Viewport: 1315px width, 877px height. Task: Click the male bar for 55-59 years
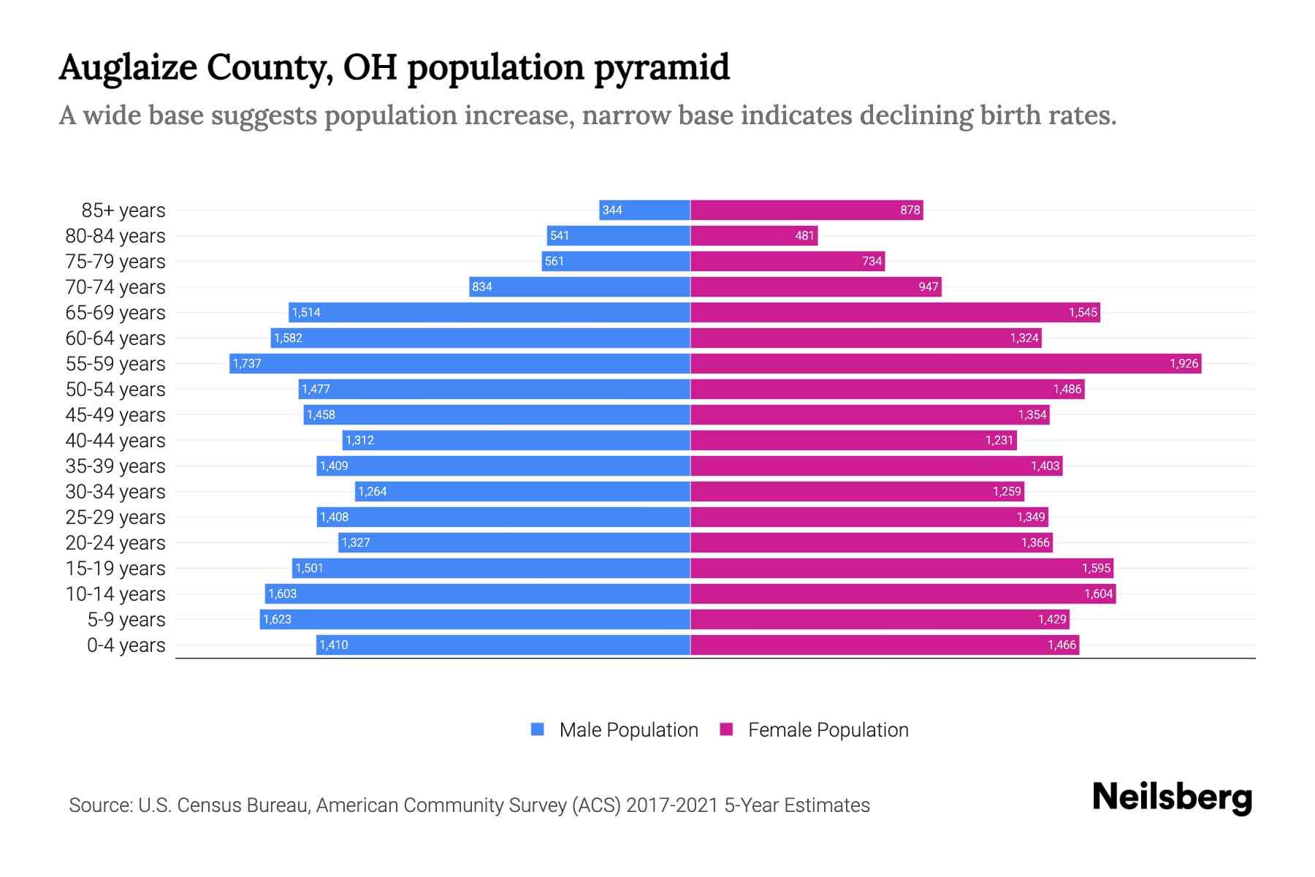(x=460, y=363)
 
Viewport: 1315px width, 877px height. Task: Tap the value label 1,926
(x=1183, y=363)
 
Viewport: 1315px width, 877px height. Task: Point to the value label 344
(x=612, y=210)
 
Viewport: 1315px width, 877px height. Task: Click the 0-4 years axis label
(x=126, y=645)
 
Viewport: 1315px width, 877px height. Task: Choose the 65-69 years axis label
(x=115, y=312)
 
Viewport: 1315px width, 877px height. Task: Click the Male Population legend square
(x=538, y=729)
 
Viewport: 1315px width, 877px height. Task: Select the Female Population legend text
(x=828, y=729)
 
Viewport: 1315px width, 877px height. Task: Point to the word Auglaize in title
(x=128, y=67)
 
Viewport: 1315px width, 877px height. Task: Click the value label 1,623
(x=277, y=619)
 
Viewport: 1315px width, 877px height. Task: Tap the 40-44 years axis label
(x=115, y=440)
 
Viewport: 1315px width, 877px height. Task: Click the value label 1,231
(x=999, y=440)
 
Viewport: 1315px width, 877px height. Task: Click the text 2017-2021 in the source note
(x=671, y=805)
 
